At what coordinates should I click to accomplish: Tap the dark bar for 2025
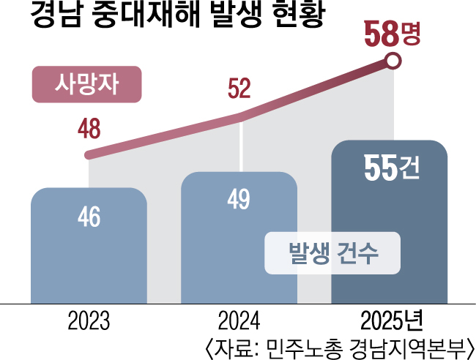[389, 220]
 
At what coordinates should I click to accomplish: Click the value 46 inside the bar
[89, 217]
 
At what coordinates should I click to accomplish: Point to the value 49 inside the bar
[239, 199]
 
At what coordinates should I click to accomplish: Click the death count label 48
[89, 130]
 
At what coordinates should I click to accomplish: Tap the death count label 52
[239, 89]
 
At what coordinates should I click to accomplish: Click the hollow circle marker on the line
[393, 61]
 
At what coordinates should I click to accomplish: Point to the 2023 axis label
[89, 321]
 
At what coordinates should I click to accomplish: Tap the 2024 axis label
[239, 321]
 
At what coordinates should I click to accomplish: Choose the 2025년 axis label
[392, 321]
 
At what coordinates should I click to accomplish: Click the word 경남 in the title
[56, 16]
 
